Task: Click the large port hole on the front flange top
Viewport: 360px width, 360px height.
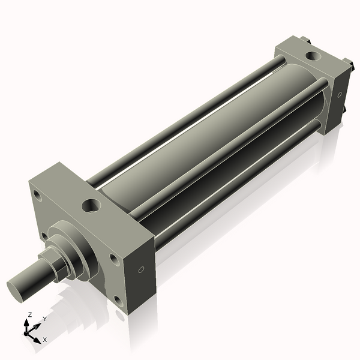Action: click(91, 206)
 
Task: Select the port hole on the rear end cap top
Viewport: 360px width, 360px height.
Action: click(312, 56)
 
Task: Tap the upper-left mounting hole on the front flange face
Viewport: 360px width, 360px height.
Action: click(37, 196)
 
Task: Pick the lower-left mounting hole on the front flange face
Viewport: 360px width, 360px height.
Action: click(44, 236)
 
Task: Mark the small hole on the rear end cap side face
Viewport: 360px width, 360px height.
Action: click(339, 95)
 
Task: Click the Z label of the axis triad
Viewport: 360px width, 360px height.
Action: click(30, 314)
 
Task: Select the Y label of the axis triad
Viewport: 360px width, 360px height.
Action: click(44, 319)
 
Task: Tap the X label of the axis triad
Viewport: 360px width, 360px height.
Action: click(45, 340)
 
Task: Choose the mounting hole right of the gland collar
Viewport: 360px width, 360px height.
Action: click(113, 259)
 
